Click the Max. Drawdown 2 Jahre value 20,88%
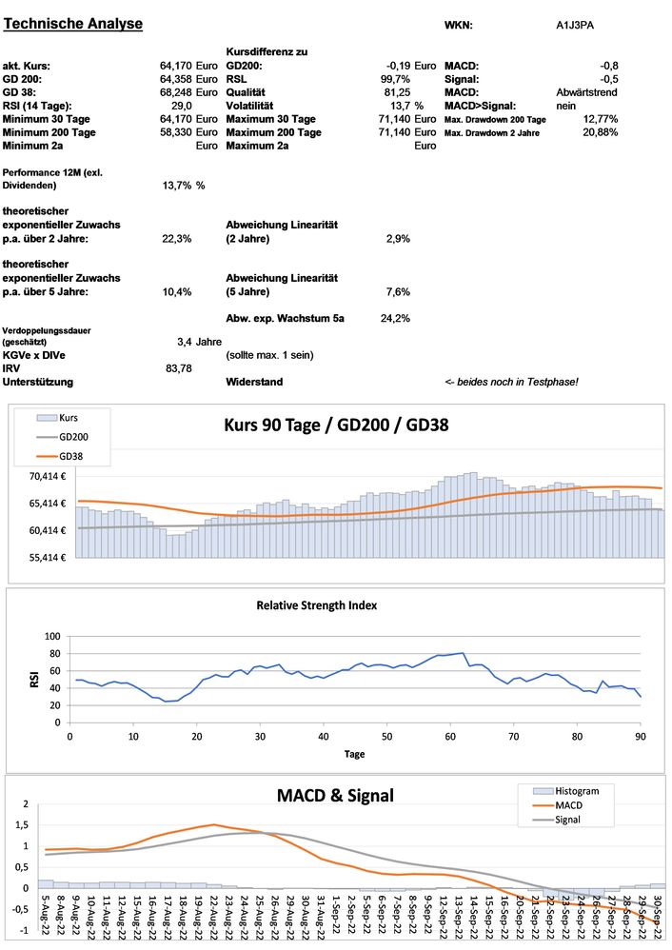601,132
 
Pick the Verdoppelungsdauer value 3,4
187,341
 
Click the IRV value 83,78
179,367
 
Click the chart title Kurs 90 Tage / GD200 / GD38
335,426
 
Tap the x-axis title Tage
354,753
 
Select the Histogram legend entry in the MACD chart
569,790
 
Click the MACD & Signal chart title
335,795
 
